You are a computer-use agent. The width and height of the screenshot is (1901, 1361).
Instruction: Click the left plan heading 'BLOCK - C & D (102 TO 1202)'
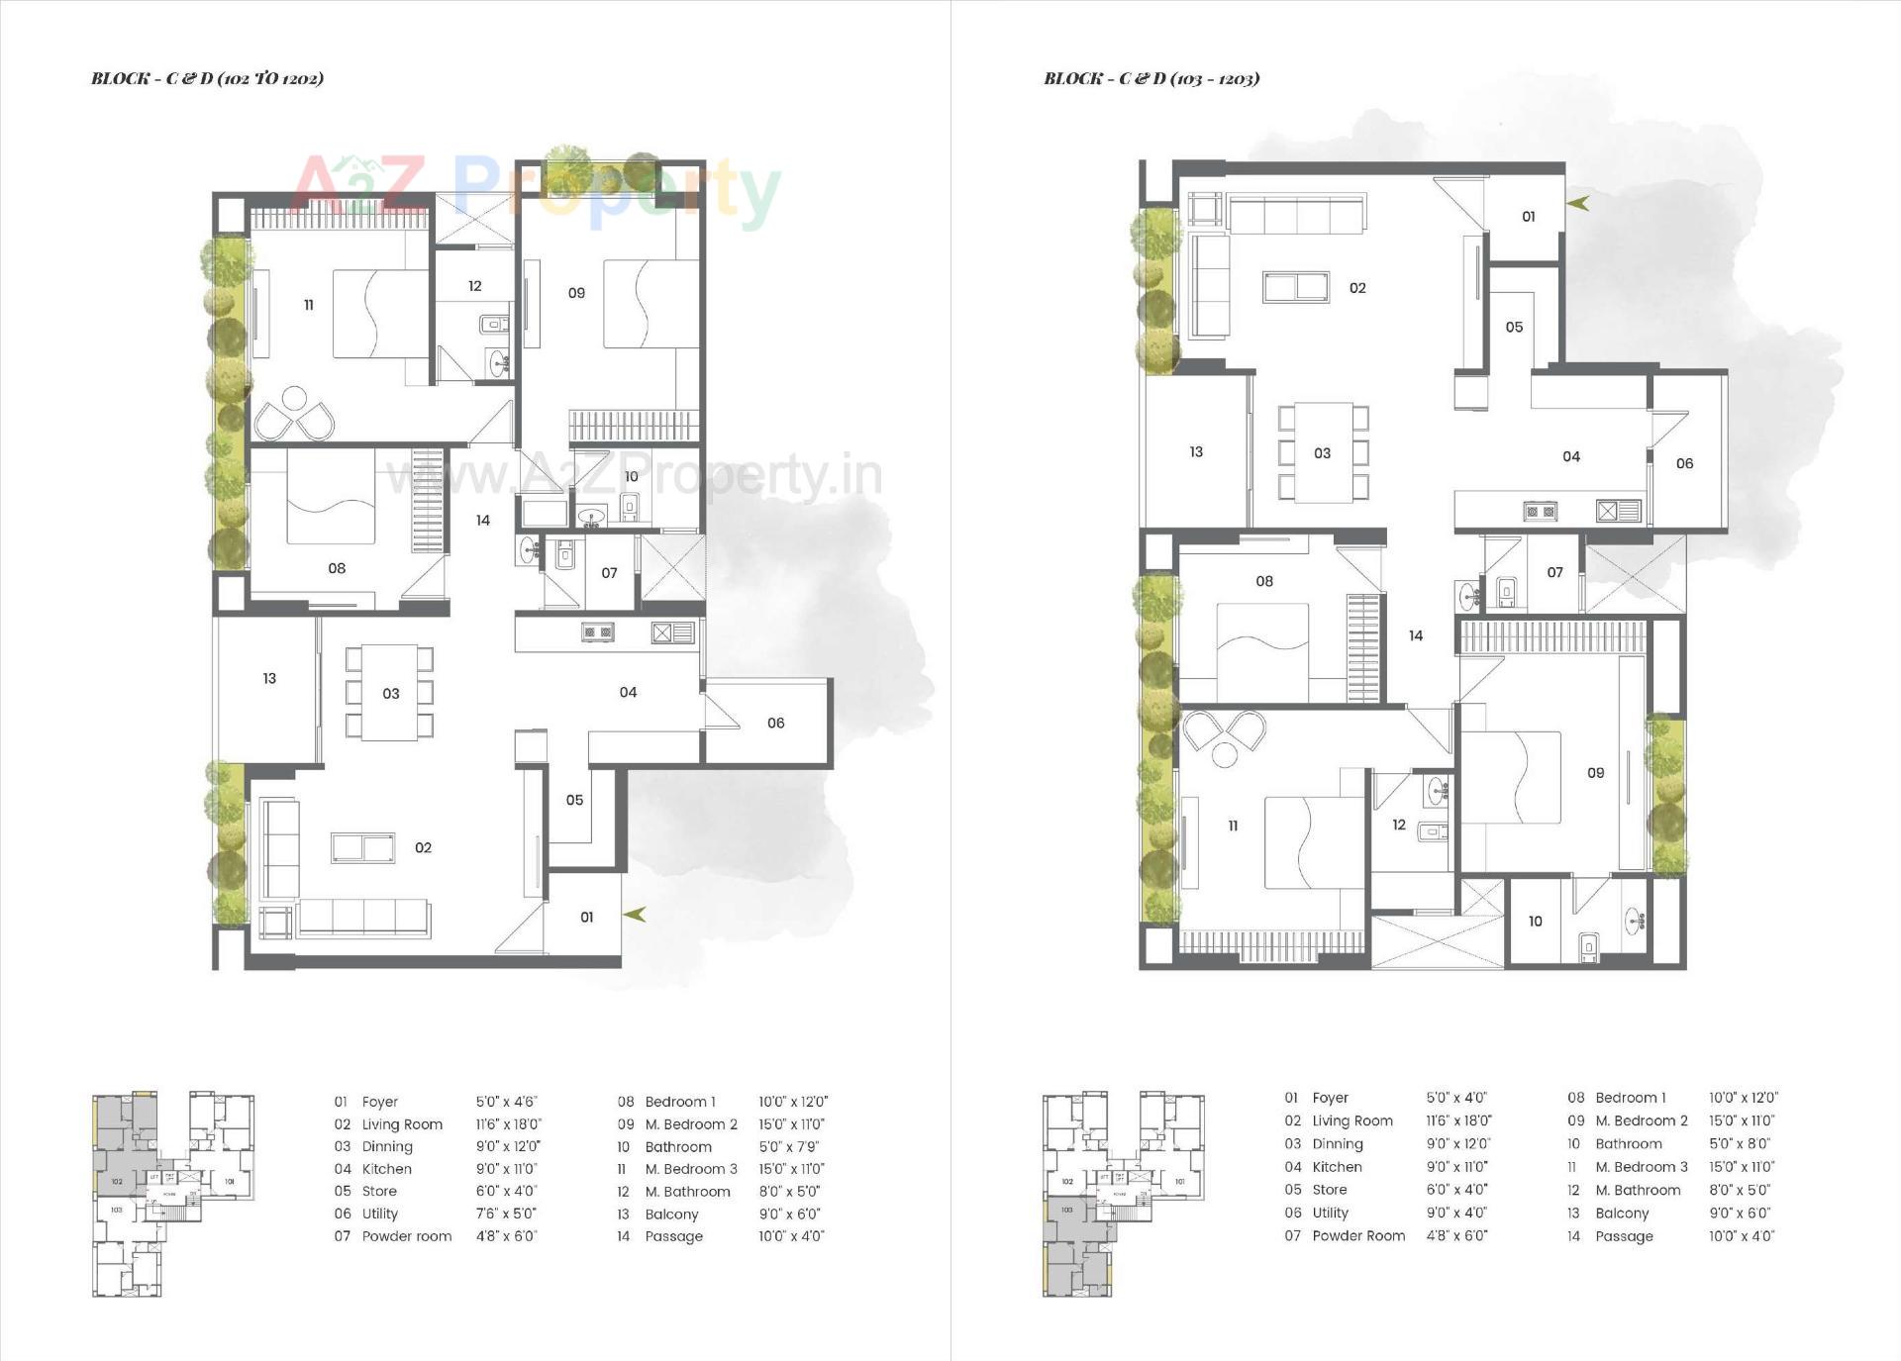click(207, 78)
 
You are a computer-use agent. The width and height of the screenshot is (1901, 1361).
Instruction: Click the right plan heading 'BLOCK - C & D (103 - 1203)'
click(1151, 78)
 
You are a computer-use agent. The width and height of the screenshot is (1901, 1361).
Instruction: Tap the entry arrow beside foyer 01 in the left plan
click(635, 915)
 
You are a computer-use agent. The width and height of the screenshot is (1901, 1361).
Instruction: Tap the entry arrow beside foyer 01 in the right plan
click(1577, 203)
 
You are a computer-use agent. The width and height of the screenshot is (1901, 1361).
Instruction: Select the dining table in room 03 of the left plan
click(389, 693)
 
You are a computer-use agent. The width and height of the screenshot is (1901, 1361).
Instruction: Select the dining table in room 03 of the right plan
click(1323, 451)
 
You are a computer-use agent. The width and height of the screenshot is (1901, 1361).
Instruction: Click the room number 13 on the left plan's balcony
click(269, 678)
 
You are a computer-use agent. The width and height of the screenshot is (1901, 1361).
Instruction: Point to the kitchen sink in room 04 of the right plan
click(1618, 511)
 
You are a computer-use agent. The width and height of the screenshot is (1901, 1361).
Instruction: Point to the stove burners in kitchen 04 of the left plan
click(597, 632)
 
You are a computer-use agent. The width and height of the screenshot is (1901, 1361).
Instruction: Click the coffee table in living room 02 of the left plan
click(362, 847)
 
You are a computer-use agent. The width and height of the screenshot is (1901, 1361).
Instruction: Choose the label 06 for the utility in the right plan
click(1684, 463)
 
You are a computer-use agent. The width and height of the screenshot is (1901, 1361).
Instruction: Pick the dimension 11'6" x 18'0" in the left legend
click(509, 1124)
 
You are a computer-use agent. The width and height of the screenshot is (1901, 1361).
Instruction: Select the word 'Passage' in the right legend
click(1624, 1236)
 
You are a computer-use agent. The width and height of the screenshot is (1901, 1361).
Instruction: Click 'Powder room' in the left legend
click(406, 1236)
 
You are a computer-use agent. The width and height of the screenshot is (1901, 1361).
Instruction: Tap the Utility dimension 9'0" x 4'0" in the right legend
click(1456, 1213)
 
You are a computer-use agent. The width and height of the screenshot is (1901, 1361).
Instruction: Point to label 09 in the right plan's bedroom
click(1595, 773)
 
